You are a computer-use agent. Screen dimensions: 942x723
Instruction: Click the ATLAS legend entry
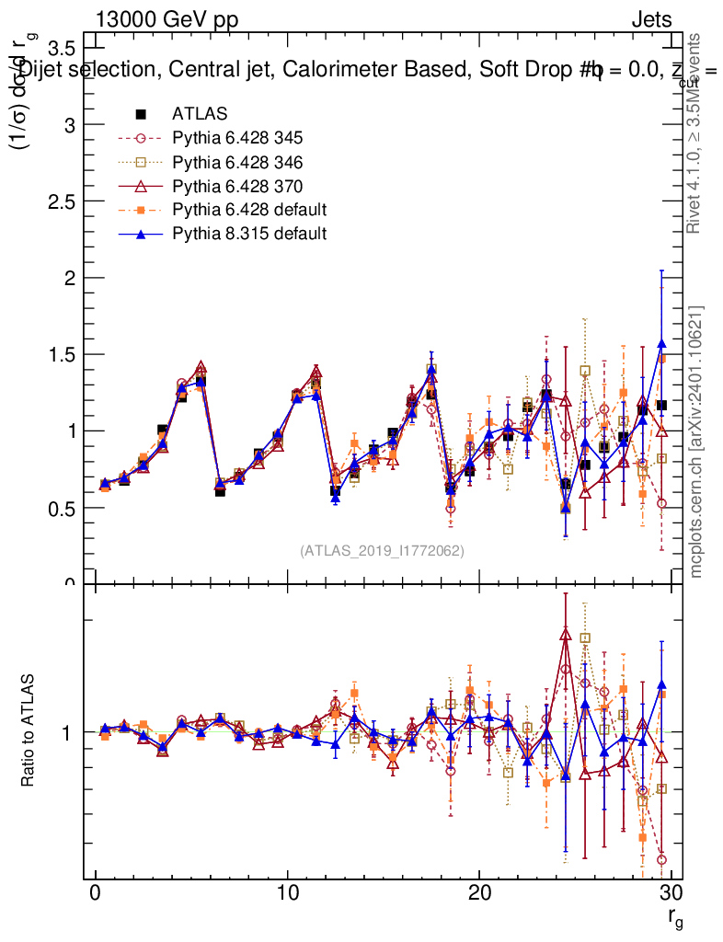pyautogui.click(x=200, y=114)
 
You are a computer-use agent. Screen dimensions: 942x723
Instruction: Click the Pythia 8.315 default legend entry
pyautogui.click(x=249, y=234)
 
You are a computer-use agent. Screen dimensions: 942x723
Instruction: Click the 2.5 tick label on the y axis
pyautogui.click(x=63, y=201)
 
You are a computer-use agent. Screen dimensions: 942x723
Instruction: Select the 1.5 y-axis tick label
pyautogui.click(x=63, y=354)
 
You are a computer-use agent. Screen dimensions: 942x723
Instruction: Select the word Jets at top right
pyautogui.click(x=650, y=19)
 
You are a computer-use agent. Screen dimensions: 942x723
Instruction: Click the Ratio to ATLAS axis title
pyautogui.click(x=30, y=732)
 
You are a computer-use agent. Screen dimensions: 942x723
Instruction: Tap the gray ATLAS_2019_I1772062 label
pyautogui.click(x=382, y=551)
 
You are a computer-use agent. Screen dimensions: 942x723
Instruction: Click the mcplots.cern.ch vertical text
pyautogui.click(x=696, y=442)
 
